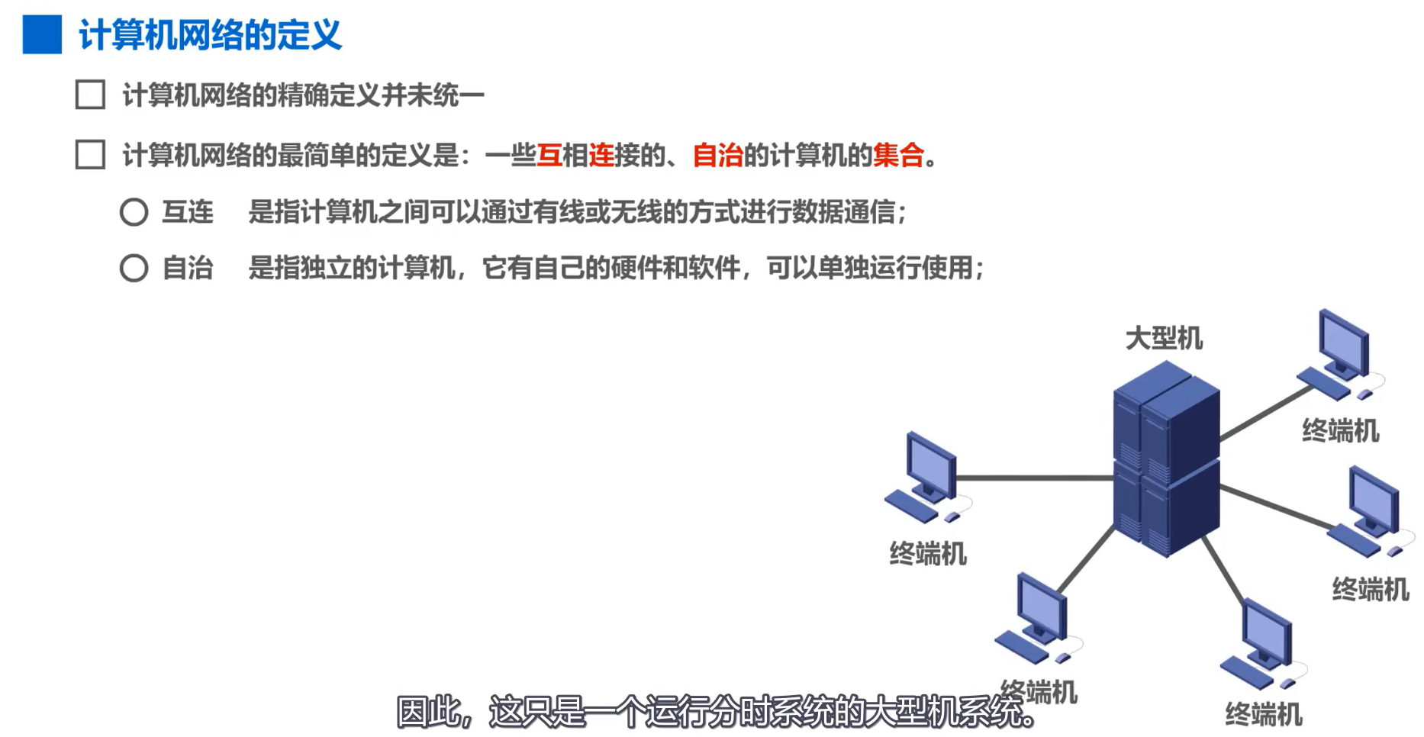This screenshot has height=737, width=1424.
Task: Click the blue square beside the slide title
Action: tap(42, 35)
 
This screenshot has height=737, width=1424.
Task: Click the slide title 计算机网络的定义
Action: tap(210, 35)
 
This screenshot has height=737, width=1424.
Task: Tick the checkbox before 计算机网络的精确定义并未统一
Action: tap(90, 95)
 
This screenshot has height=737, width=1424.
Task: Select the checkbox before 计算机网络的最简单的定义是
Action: tap(90, 155)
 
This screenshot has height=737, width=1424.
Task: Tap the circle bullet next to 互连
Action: tap(134, 212)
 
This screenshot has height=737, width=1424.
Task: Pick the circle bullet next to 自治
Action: tap(134, 268)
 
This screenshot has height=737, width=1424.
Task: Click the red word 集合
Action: tap(898, 155)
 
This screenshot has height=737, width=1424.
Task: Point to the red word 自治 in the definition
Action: tap(717, 155)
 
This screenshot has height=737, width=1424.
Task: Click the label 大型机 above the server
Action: tap(1164, 338)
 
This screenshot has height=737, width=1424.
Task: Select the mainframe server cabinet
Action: tap(1166, 458)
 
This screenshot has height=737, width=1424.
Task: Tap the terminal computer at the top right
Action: tap(1340, 355)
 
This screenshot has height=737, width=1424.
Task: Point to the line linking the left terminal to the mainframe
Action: tap(1034, 478)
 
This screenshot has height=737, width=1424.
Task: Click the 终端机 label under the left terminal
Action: tap(928, 554)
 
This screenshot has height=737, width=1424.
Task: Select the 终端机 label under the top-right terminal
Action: tap(1340, 431)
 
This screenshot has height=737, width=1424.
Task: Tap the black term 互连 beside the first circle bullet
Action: tap(188, 212)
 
